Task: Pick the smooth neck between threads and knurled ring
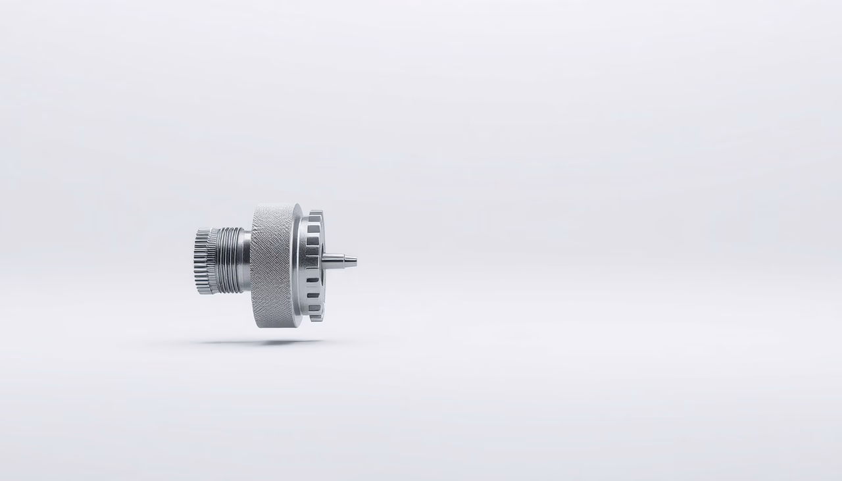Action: click(x=247, y=260)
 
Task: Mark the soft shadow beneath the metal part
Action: click(x=263, y=342)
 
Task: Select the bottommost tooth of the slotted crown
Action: click(x=317, y=318)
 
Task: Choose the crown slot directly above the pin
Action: click(x=313, y=241)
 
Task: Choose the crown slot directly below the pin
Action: click(x=313, y=280)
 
